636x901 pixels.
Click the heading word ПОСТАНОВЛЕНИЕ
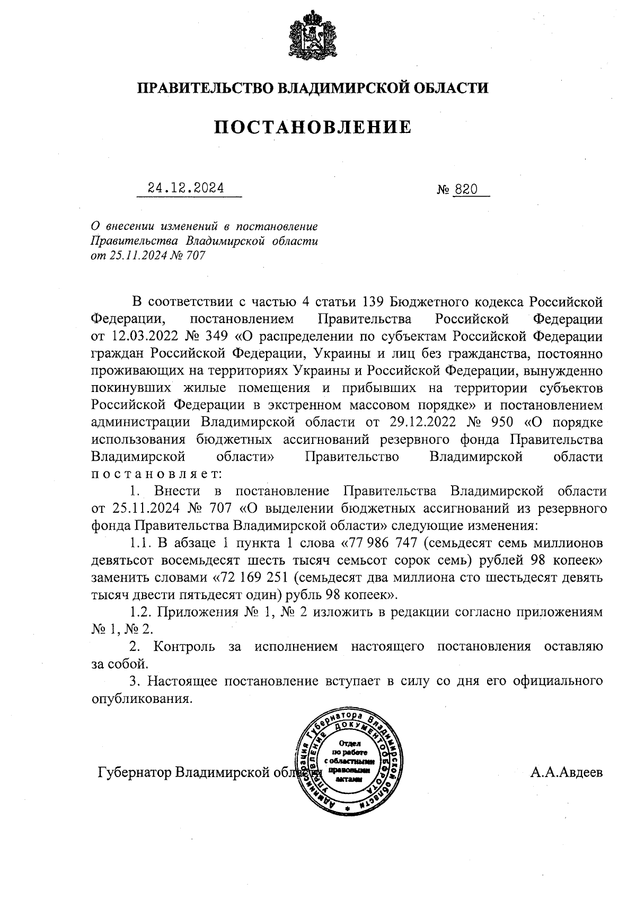tap(313, 127)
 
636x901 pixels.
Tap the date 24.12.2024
tap(186, 188)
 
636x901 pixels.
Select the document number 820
tap(466, 189)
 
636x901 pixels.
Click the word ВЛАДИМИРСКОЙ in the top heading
tap(344, 88)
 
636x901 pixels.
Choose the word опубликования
tap(141, 698)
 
